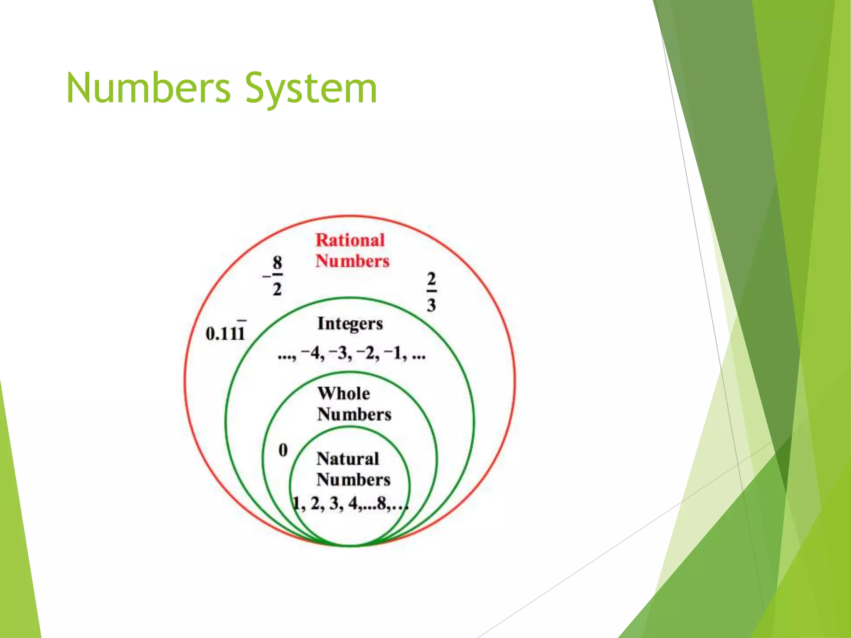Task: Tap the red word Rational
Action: (x=350, y=240)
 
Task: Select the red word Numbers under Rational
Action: (x=352, y=261)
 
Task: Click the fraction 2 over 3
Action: (x=431, y=292)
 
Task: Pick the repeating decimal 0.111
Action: (x=225, y=333)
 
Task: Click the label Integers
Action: (x=350, y=324)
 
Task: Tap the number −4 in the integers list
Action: (x=312, y=353)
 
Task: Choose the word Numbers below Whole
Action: (x=354, y=415)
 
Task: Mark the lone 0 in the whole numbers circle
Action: (x=283, y=450)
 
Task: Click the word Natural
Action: (x=348, y=459)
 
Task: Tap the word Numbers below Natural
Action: (x=353, y=480)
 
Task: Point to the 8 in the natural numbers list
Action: (x=382, y=503)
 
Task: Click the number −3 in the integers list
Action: (x=340, y=353)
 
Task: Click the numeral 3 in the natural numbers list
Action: (x=334, y=503)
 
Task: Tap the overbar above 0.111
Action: (x=241, y=321)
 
